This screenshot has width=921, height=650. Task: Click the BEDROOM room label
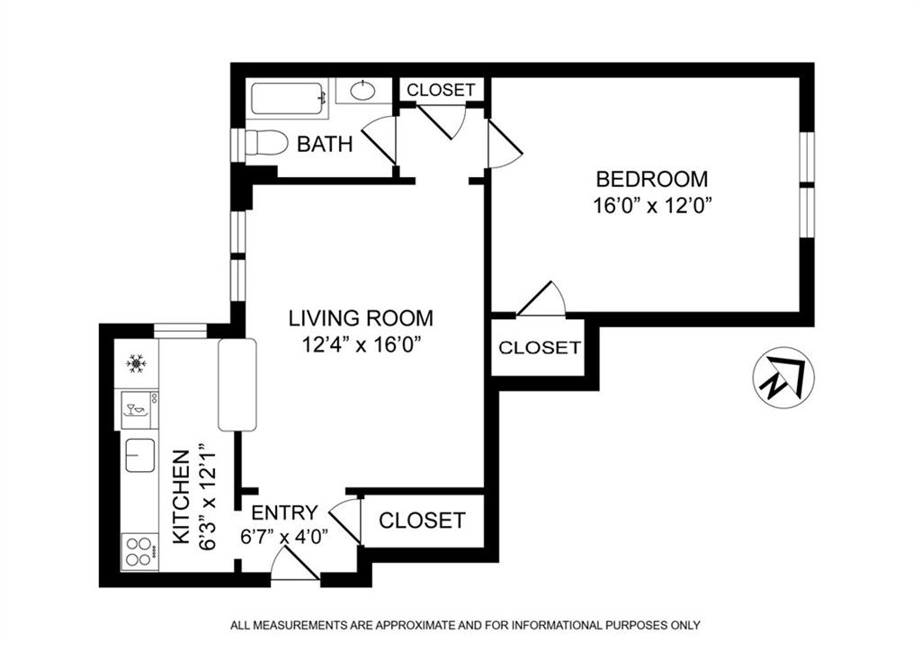coord(652,179)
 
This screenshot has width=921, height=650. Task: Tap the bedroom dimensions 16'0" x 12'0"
coord(652,206)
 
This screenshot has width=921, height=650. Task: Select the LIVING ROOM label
coord(361,318)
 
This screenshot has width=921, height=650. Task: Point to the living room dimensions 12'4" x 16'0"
coord(362,344)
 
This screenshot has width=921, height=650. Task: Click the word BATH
coord(324,144)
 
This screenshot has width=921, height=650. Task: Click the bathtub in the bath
coord(289,99)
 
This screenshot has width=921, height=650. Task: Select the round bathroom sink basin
coord(363,91)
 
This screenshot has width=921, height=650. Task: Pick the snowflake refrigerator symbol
coord(137,363)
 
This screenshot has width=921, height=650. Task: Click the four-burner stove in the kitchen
coord(139,551)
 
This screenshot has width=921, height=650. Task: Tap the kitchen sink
coord(140,455)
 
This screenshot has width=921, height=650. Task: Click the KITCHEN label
coord(182,497)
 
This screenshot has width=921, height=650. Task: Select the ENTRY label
coord(284,512)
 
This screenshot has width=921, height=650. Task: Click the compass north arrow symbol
coord(783,378)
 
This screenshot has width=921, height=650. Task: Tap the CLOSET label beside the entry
coord(422,521)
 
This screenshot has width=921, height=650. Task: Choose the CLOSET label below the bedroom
coord(540,348)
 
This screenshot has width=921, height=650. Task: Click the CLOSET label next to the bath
coord(441,90)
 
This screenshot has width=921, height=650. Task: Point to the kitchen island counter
coord(237,385)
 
